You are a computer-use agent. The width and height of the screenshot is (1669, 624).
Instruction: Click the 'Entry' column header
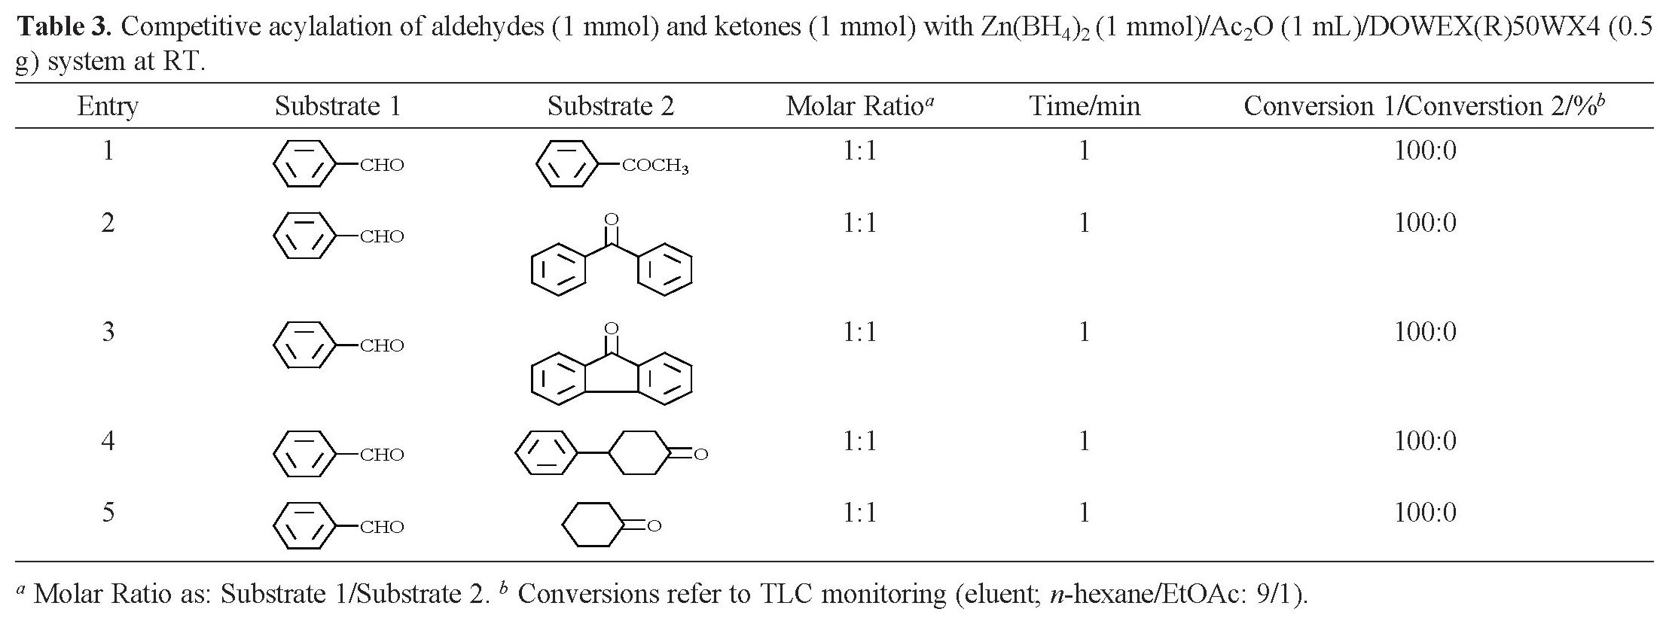pos(108,106)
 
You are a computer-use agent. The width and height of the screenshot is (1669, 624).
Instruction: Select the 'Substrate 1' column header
pos(337,106)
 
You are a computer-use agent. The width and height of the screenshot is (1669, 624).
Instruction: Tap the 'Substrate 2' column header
pos(610,106)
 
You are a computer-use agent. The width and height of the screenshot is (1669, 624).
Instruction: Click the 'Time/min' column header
pos(1085,106)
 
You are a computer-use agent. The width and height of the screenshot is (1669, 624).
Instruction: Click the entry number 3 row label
pos(108,332)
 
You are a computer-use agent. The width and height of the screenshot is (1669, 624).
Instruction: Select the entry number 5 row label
pos(108,513)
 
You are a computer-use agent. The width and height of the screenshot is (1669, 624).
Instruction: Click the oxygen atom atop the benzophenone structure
pos(612,220)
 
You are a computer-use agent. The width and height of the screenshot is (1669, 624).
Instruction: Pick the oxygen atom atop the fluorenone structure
pos(612,328)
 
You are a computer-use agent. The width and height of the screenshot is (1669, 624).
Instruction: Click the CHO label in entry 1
pos(382,166)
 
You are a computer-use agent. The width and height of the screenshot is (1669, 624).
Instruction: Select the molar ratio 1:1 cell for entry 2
pos(859,224)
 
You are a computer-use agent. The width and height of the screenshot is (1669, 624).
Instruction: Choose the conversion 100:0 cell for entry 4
pos(1425,441)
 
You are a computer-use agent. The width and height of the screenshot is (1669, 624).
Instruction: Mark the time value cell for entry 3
pos(1084,332)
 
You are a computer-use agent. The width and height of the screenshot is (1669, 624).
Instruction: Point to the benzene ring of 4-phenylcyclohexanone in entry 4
pos(546,453)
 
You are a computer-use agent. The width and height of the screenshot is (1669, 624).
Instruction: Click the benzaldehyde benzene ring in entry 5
pos(304,526)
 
